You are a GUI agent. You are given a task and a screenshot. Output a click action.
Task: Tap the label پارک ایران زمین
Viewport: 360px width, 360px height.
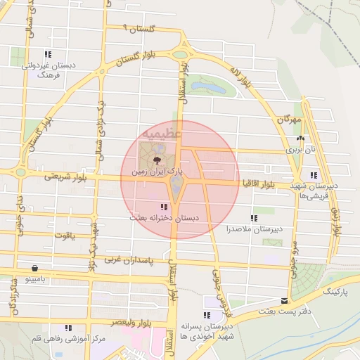[161, 171]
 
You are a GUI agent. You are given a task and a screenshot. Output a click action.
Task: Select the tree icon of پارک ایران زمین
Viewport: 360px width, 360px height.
[156, 160]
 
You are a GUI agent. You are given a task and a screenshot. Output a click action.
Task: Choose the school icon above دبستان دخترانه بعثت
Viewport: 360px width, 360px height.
[164, 207]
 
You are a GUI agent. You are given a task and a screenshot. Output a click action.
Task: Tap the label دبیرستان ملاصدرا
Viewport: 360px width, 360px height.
[254, 229]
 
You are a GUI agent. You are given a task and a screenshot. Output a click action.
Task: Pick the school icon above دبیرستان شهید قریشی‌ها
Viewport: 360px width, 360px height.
[313, 175]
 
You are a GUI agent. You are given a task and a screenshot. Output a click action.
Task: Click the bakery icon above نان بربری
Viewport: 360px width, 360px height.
[301, 139]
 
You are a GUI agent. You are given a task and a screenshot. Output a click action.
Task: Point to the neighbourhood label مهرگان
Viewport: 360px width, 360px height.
[288, 120]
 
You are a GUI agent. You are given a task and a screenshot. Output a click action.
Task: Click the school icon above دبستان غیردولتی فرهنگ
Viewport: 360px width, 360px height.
[48, 54]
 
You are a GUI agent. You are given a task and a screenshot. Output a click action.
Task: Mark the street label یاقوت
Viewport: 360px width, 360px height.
[63, 236]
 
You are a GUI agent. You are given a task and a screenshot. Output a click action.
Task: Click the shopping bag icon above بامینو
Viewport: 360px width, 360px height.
[34, 268]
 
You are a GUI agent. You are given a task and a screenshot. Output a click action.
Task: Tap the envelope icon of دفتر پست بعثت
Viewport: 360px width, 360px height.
[284, 300]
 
